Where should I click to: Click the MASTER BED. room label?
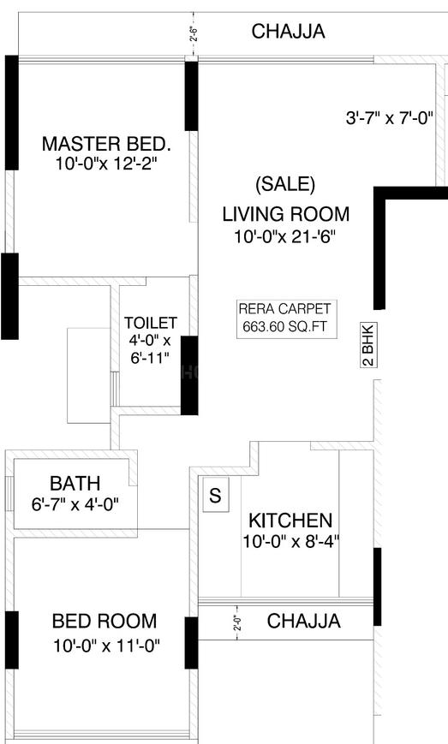pos(106,144)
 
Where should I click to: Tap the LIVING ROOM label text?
pos(286,214)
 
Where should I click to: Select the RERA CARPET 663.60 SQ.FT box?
pos(287,318)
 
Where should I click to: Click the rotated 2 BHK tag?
pos(368,344)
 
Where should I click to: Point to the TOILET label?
pos(151,323)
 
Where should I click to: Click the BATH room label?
pos(75,483)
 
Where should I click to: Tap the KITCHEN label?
pos(290,521)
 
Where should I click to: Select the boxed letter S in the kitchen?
pos(216,495)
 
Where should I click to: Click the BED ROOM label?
pos(105,621)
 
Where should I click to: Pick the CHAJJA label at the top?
pos(288,32)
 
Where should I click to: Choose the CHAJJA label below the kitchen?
pos(304,621)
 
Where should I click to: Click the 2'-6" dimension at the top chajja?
pos(193,34)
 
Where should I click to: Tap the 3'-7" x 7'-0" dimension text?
pos(390,117)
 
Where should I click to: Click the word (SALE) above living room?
pos(285,183)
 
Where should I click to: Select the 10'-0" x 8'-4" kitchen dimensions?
pos(291,541)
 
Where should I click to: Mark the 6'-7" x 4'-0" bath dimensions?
pos(75,504)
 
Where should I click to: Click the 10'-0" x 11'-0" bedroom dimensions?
pos(106,646)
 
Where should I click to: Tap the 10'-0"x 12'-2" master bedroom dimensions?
pos(106,164)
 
